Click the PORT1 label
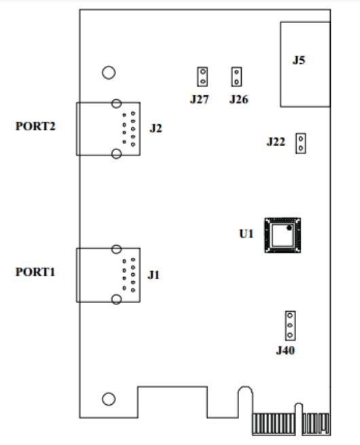tap(35, 272)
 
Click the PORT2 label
tap(35, 126)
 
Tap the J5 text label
tap(299, 60)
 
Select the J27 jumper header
tap(202, 77)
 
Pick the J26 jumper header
tap(236, 77)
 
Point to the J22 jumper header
tap(301, 143)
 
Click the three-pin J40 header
tap(290, 325)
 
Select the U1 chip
tap(283, 235)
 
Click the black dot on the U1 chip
tap(289, 228)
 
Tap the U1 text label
tap(247, 234)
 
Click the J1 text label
tap(154, 275)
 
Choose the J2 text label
tap(156, 128)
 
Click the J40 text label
tap(285, 351)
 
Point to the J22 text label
tap(276, 141)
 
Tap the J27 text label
tap(200, 100)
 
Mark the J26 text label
tap(239, 100)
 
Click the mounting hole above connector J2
tap(109, 73)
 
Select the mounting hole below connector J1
tap(109, 399)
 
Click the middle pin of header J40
tap(290, 325)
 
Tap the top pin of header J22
tap(301, 139)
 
